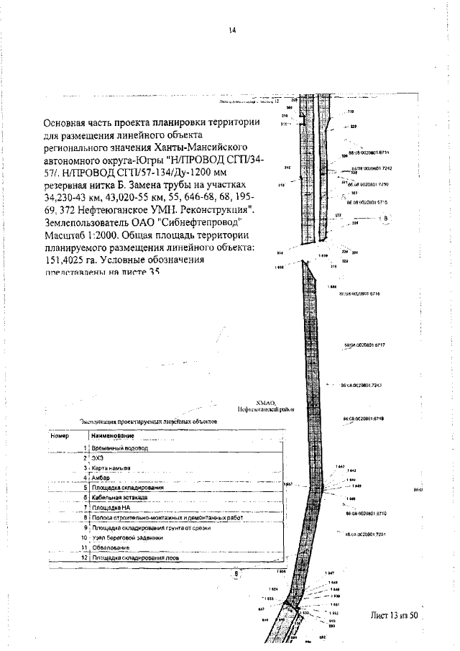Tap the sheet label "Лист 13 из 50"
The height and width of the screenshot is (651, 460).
coord(393,615)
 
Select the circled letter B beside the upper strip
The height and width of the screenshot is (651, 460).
coord(386,217)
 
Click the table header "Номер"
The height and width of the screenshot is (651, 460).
coord(59,436)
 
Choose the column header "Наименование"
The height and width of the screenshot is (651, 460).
coord(113,436)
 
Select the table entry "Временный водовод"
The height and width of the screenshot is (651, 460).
coord(119,447)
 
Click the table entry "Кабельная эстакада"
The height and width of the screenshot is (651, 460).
coord(120,497)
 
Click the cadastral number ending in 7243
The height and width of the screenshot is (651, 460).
coord(360,385)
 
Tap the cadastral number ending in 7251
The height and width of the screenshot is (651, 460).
coord(366,534)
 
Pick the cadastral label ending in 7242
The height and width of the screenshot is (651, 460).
coord(371,168)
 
